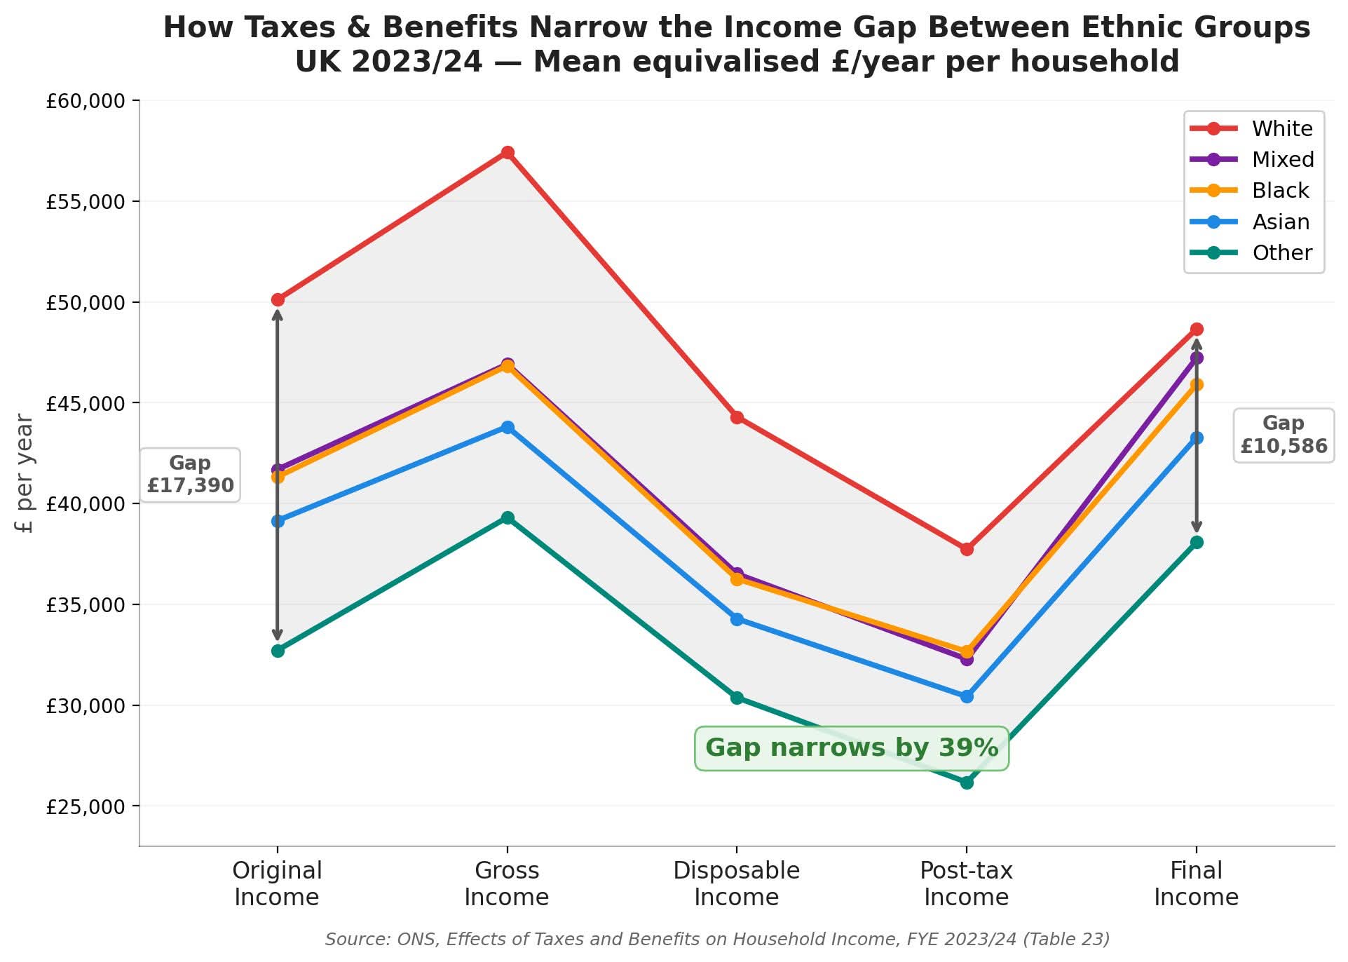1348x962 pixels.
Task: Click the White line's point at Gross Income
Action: point(508,153)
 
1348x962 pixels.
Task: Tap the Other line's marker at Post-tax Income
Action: point(967,783)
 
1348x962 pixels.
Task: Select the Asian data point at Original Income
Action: point(278,521)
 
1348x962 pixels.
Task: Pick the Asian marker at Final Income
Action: point(1197,438)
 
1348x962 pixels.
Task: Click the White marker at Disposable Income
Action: point(737,418)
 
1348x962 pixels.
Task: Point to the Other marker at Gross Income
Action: point(508,518)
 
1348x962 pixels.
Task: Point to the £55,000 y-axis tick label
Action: point(86,202)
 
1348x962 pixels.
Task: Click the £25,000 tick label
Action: point(86,807)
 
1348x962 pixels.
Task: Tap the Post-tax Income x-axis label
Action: point(966,884)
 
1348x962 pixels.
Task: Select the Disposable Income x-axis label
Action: point(736,884)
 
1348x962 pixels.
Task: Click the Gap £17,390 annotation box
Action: point(190,475)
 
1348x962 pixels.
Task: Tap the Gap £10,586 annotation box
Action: point(1283,435)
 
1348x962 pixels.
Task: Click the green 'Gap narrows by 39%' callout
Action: point(851,748)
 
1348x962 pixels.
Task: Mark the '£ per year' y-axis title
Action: point(25,473)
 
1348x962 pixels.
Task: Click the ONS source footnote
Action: point(716,939)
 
